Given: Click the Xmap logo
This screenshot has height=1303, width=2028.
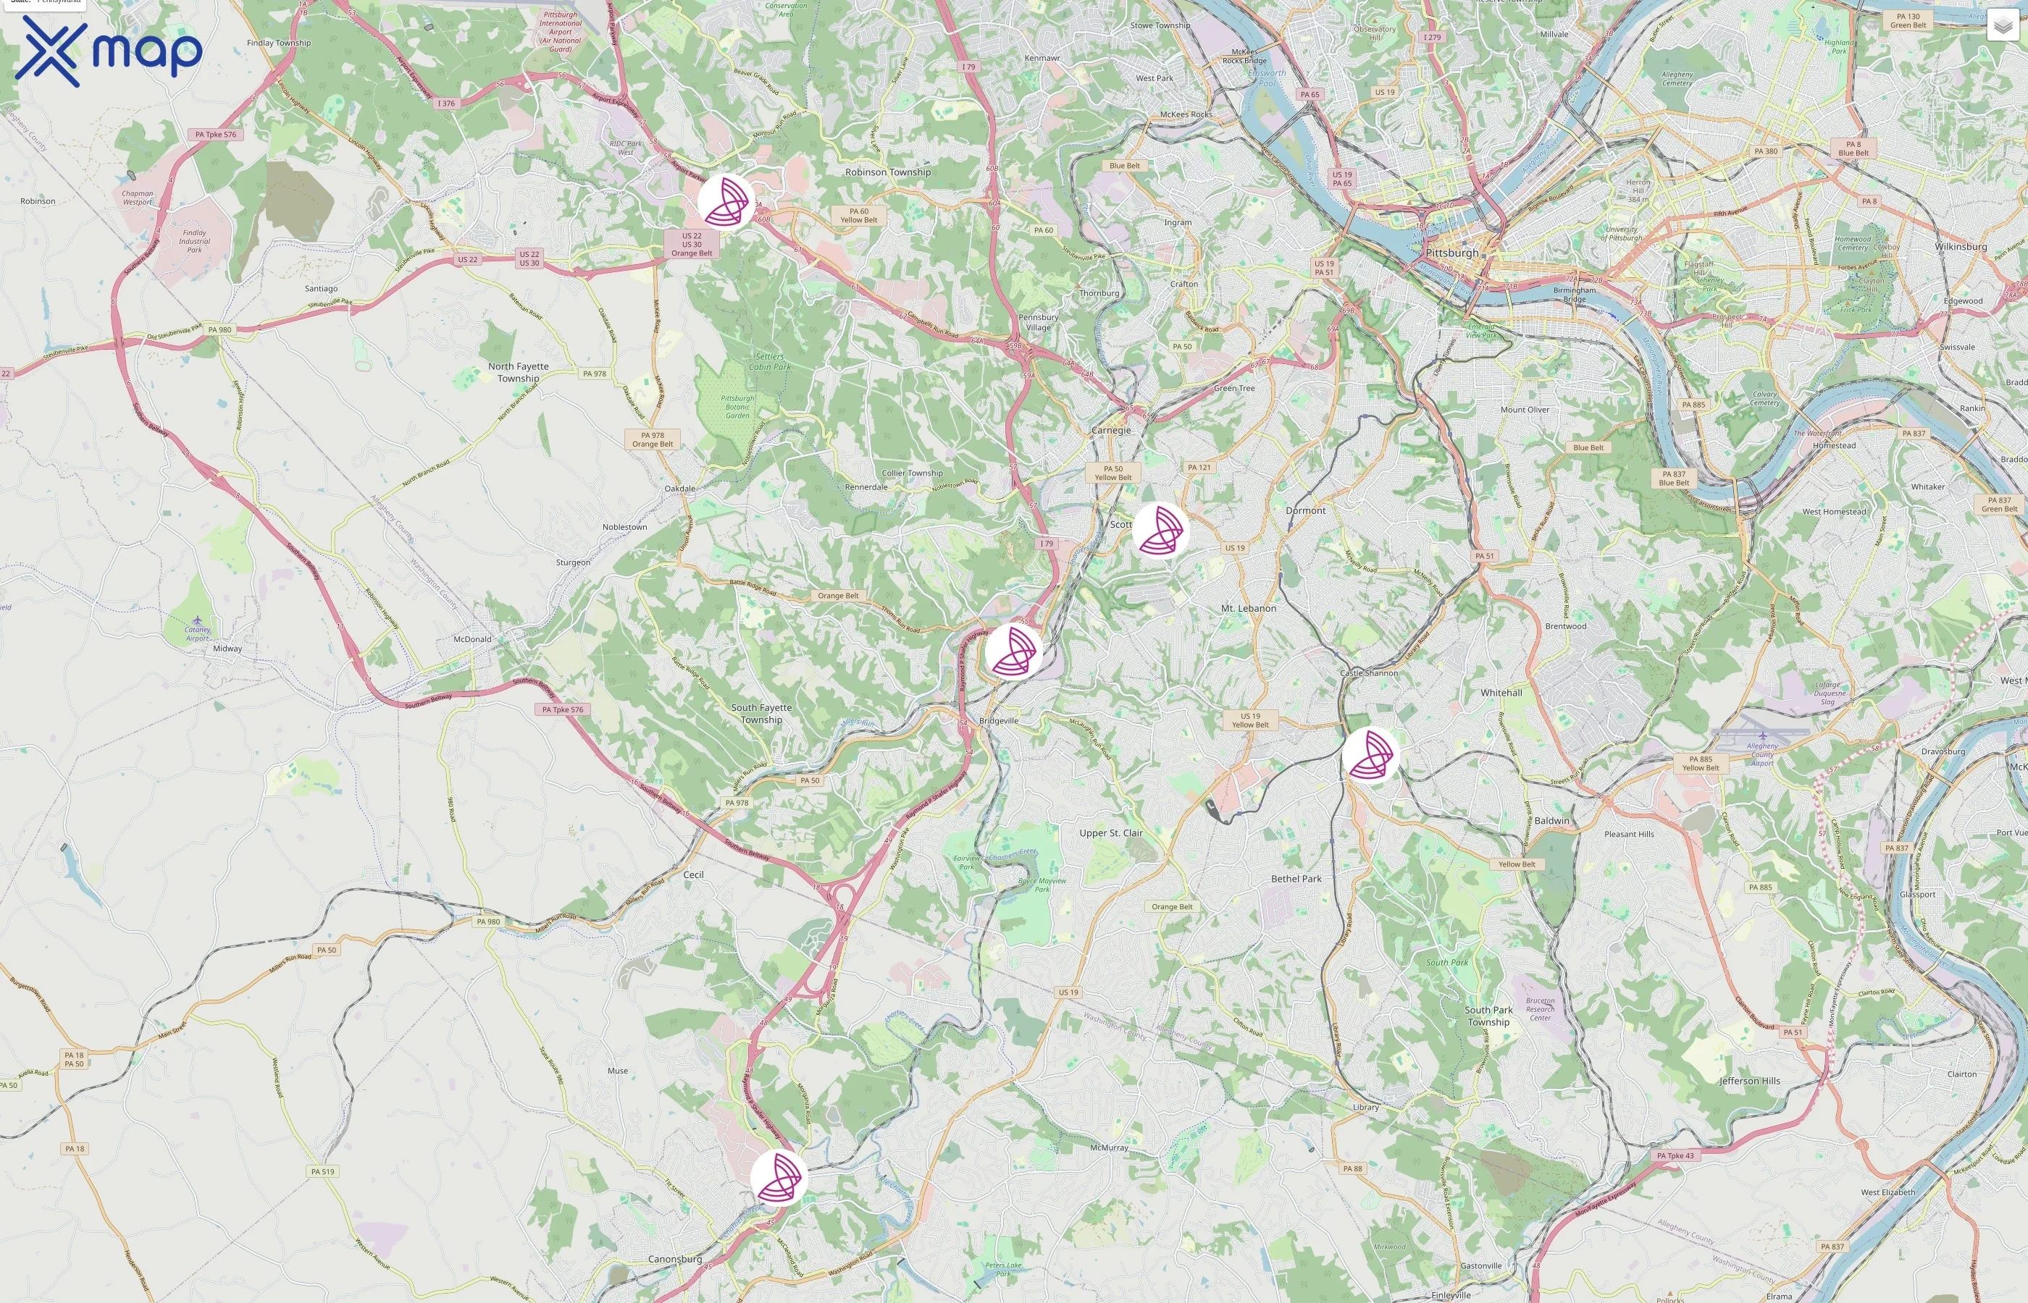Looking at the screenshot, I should pos(109,51).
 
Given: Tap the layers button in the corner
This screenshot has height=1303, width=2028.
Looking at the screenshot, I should pos(2002,26).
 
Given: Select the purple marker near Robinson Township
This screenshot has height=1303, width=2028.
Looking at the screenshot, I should pos(726,202).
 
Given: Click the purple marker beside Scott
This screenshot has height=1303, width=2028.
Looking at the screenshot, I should pos(1160,531).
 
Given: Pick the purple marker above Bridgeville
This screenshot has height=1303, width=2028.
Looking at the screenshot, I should pos(1013,651).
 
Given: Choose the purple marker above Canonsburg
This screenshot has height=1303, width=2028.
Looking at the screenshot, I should pos(779,1177).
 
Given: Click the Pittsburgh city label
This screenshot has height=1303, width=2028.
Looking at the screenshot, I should pos(1451,253).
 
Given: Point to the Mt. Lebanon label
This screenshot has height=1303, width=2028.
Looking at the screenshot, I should pos(1249,608).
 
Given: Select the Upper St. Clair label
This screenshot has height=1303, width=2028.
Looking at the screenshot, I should pos(1110,833).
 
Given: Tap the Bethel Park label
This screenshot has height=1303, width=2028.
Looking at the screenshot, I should pos(1296,879).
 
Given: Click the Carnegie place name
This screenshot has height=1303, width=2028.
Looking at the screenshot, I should pos(1110,431).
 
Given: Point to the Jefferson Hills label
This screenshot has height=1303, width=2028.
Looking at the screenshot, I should pos(1750,1081).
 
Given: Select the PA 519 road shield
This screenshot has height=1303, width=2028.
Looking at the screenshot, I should pos(322,1172).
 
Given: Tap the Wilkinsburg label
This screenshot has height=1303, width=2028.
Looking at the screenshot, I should pos(1961,247).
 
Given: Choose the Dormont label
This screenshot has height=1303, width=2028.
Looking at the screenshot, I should pos(1305,511).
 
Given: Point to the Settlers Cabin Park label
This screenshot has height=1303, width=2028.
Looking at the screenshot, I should pos(769,362).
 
